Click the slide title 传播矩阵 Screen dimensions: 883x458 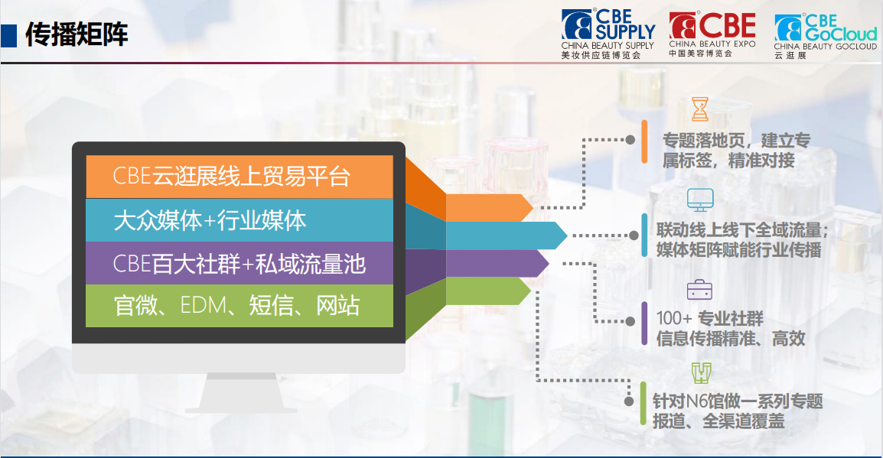pyautogui.click(x=77, y=35)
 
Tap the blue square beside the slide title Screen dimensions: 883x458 pyautogui.click(x=8, y=35)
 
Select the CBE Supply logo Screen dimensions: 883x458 pyautogui.click(x=608, y=34)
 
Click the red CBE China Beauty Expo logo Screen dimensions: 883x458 pyautogui.click(x=712, y=34)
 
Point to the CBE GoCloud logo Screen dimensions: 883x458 pyautogui.click(x=826, y=36)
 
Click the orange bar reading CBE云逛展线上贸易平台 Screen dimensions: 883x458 pyautogui.click(x=239, y=177)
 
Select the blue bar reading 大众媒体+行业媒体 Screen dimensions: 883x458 pyautogui.click(x=239, y=220)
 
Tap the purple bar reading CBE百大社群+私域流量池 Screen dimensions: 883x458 pyautogui.click(x=239, y=263)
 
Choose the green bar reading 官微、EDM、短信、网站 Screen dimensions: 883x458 pyautogui.click(x=239, y=306)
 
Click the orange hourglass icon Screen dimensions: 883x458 pyautogui.click(x=700, y=109)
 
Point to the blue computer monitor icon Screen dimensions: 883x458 pyautogui.click(x=701, y=200)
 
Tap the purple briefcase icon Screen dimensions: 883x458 pyautogui.click(x=699, y=290)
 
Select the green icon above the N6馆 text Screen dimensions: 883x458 pyautogui.click(x=701, y=372)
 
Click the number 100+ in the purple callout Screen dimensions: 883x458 pyautogui.click(x=674, y=318)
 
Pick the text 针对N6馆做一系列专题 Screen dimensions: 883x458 pyautogui.click(x=738, y=401)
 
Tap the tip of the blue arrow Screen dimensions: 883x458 pyautogui.click(x=567, y=235)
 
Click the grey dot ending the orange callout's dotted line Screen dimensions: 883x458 pyautogui.click(x=630, y=139)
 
